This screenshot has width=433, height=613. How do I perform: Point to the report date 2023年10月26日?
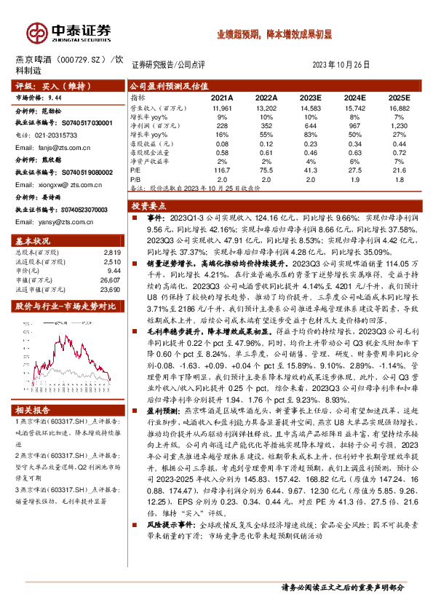[x=345, y=64]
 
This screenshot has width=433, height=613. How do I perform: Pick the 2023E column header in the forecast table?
[x=311, y=97]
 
